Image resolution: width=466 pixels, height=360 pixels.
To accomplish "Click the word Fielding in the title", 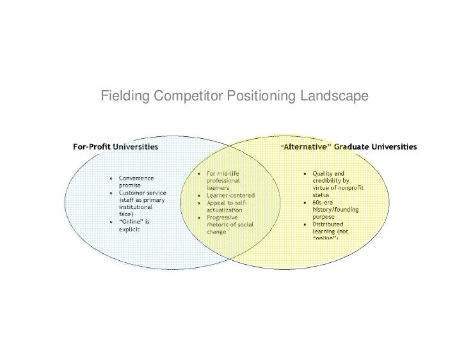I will [124, 97].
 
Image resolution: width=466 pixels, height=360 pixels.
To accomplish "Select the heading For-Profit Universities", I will [116, 146].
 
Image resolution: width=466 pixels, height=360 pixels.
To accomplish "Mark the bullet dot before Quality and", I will [305, 174].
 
